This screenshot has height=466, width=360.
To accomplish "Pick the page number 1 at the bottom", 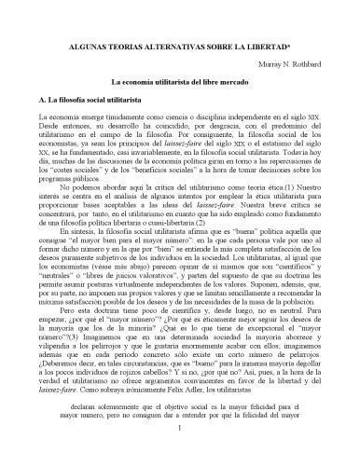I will click(179, 453).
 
